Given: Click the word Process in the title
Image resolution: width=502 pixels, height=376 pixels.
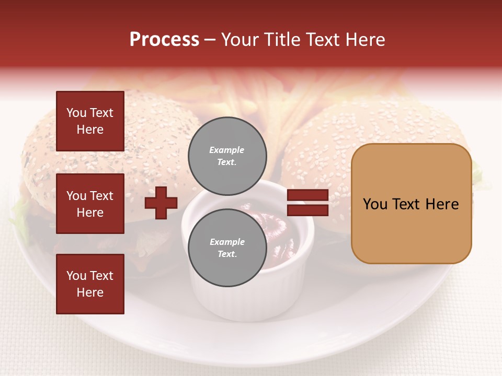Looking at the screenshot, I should pos(164,40).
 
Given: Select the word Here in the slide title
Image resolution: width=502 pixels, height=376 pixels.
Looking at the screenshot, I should pos(365,40).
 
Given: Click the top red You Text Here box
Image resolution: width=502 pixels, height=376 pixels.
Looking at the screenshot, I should pos(90,121).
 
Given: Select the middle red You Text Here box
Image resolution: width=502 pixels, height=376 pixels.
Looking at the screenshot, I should pos(90,204).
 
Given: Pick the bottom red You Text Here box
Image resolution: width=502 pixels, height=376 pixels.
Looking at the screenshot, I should pos(90,284).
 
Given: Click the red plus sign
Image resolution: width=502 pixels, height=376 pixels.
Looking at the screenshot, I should pos(161,203).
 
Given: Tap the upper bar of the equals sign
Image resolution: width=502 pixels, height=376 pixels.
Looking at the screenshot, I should pos(307,195).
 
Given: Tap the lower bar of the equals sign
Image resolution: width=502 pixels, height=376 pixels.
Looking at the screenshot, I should pos(307,210).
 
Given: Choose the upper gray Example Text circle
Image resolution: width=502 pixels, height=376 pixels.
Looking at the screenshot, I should pos(227,156).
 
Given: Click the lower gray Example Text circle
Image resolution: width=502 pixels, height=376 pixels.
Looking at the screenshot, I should pos(227,248).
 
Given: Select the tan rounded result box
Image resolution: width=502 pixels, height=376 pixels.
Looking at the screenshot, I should pos(411,204).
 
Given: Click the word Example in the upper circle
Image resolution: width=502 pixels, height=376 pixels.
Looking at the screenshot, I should pos(226,150).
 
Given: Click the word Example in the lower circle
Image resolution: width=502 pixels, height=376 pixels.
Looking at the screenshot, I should pos(227,242).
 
